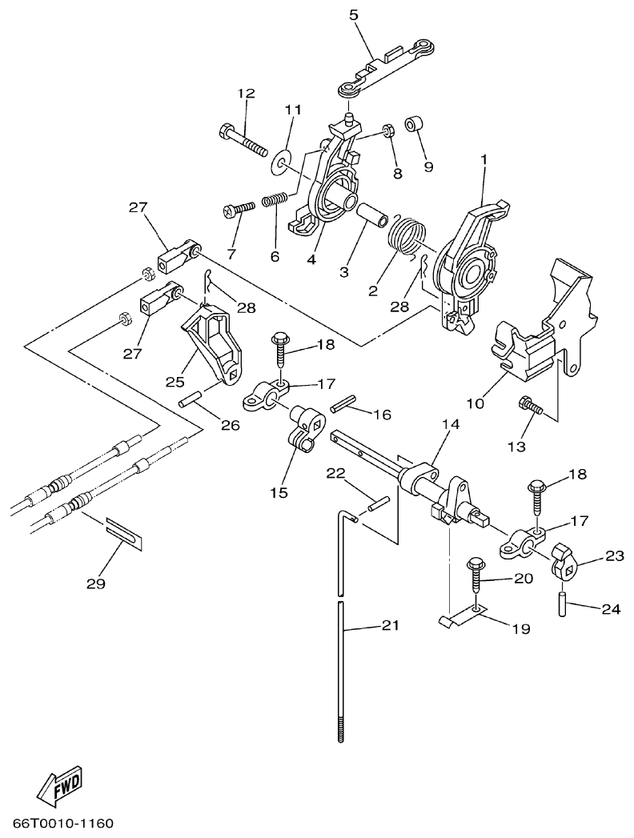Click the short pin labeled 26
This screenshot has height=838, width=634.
coord(191,399)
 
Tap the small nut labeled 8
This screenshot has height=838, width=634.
coord(387,130)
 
